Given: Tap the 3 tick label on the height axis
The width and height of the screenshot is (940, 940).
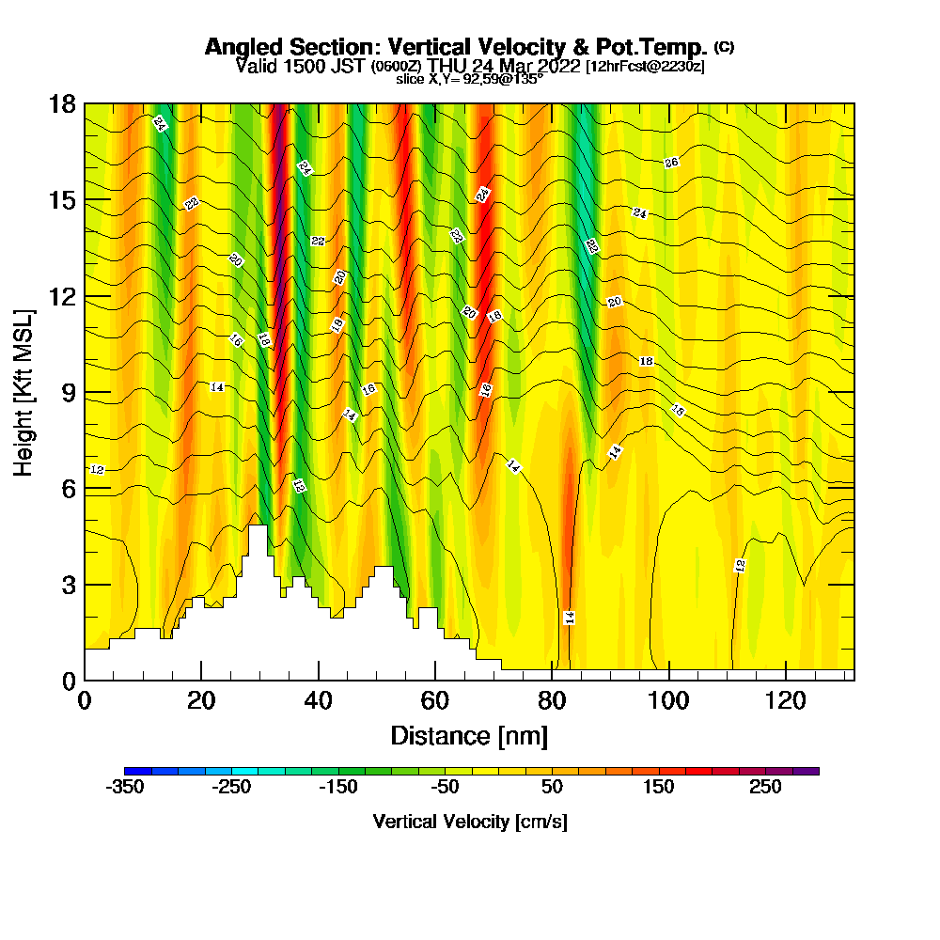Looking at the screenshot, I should point(69,585).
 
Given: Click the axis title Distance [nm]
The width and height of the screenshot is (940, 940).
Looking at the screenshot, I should point(469,735).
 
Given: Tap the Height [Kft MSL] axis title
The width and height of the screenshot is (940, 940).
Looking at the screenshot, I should point(24,391).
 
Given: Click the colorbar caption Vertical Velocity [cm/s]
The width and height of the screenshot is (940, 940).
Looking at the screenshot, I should point(469,822).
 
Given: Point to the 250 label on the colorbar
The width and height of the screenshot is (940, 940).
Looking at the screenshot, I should point(765,788).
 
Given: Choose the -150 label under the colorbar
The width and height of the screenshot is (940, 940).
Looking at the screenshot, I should point(338,788).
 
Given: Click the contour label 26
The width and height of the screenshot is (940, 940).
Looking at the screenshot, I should point(671,163).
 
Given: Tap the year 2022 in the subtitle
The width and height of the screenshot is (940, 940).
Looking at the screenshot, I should point(556,66).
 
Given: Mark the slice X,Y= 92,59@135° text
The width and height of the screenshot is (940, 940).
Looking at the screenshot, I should point(469,80).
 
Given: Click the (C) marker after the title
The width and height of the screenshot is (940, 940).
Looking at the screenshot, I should point(724,46).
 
